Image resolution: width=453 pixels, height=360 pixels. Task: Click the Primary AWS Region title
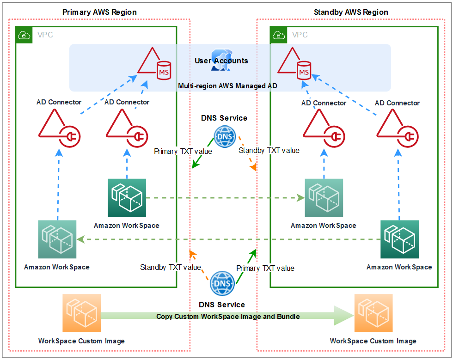[99, 12]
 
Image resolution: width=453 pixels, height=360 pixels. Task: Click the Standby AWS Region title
[351, 12]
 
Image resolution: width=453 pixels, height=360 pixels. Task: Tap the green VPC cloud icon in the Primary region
[23, 35]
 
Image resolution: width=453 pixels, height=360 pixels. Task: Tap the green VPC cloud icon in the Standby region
[278, 35]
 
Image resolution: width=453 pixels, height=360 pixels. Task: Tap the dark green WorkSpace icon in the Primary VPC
[127, 198]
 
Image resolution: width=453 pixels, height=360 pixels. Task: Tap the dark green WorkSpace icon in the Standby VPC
[399, 239]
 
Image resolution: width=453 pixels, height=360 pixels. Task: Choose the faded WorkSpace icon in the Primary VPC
[57, 239]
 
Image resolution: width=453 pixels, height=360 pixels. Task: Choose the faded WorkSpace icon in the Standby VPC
[324, 198]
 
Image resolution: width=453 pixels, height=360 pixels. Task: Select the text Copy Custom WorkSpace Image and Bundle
[228, 317]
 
